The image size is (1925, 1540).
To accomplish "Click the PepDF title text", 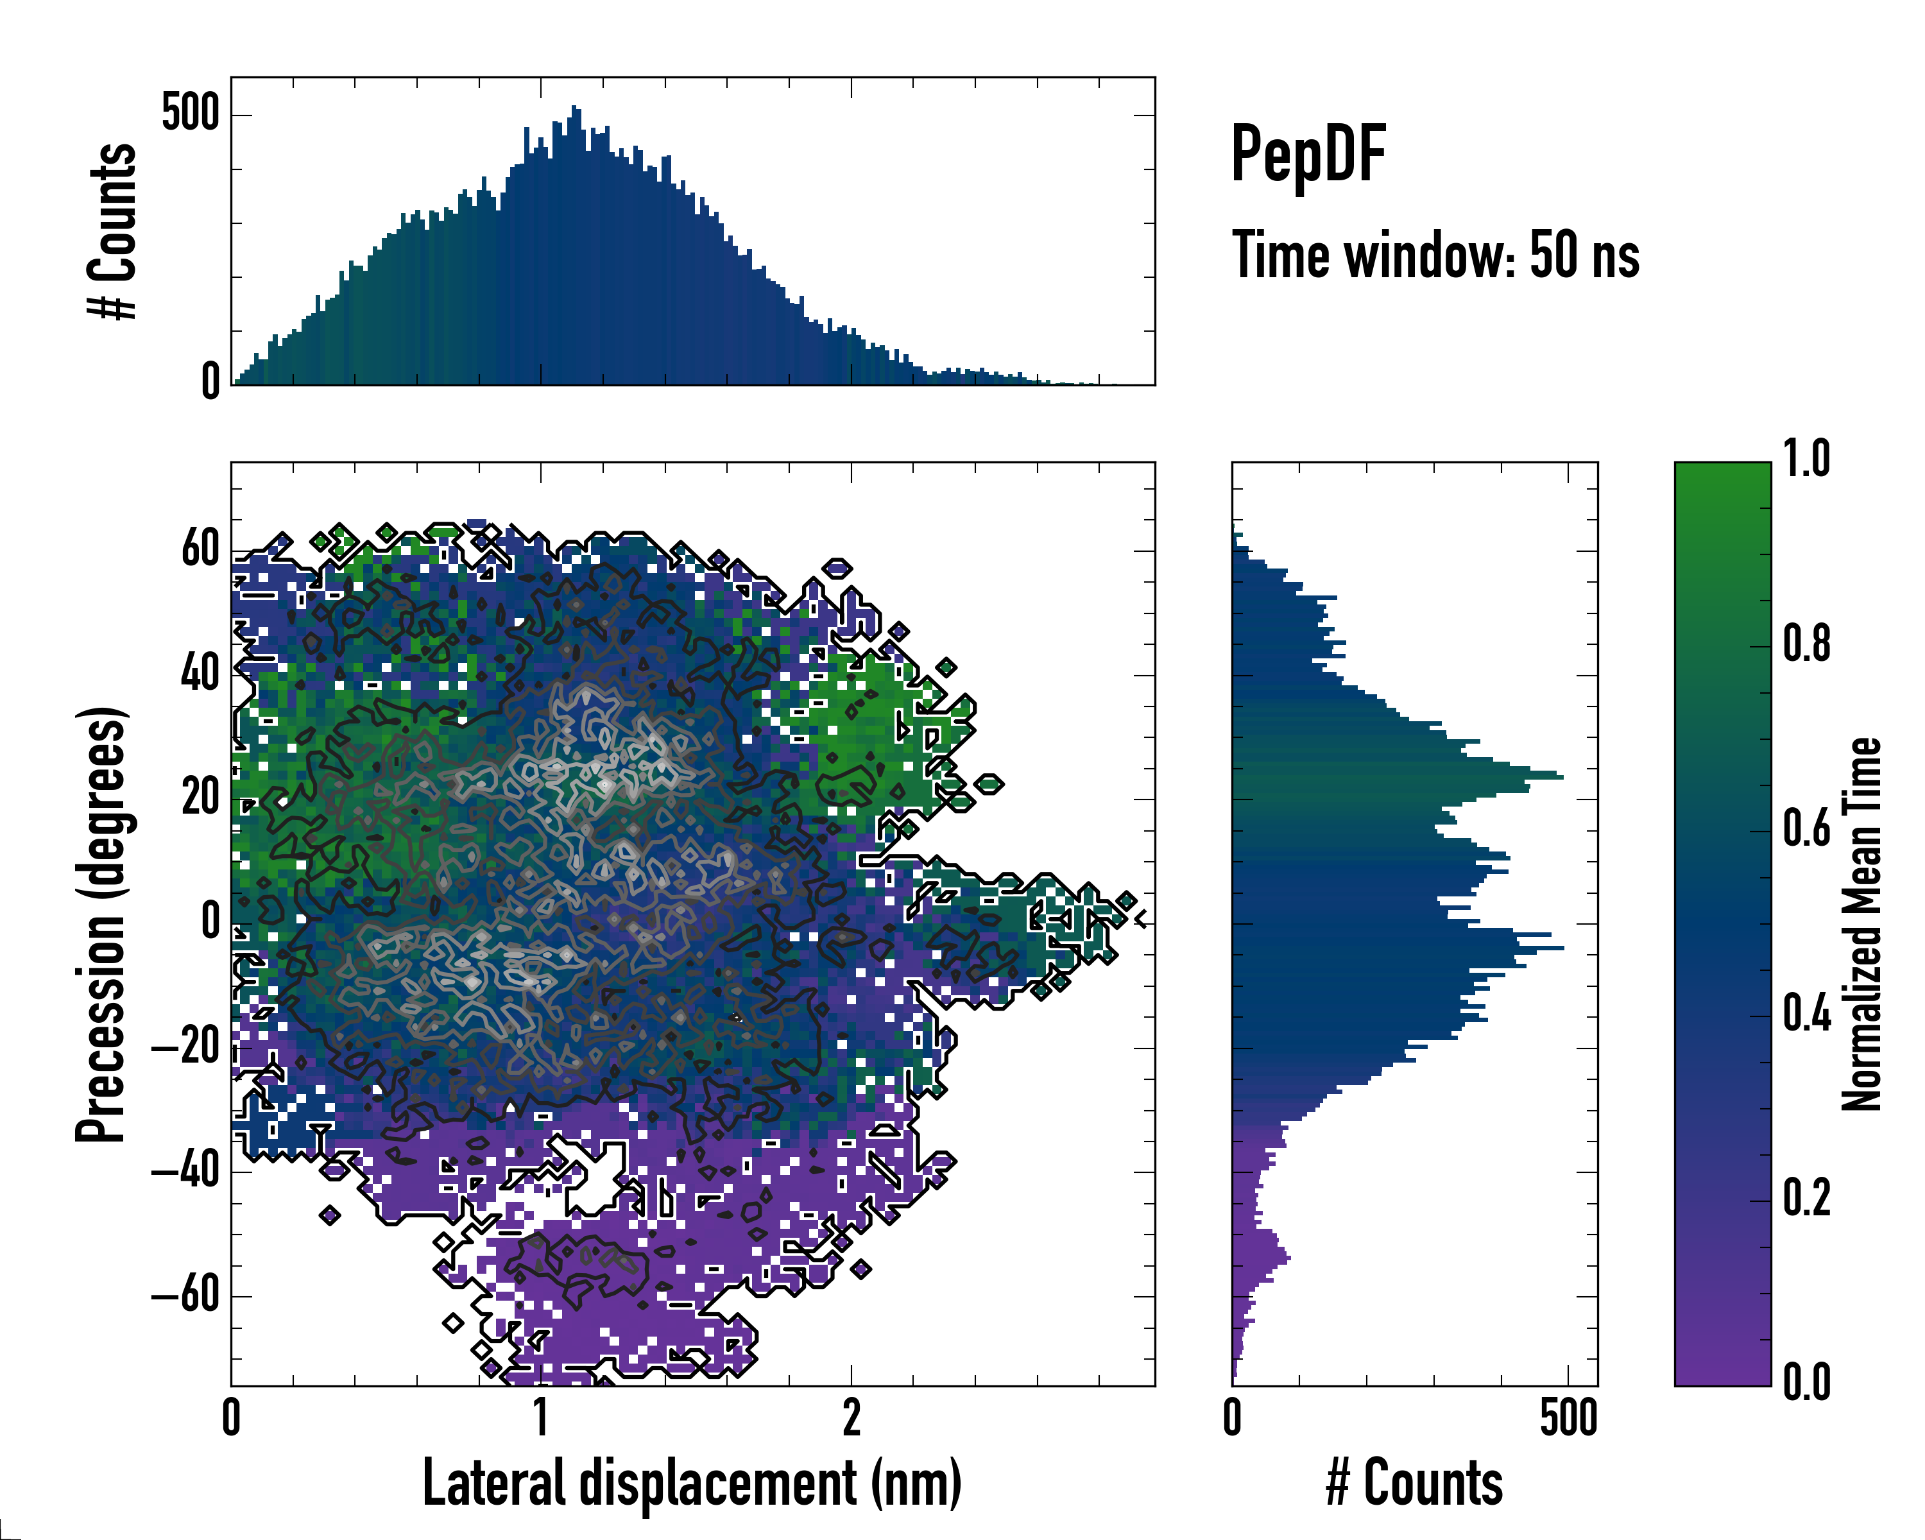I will pyautogui.click(x=1307, y=155).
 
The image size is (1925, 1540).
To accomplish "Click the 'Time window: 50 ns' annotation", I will pyautogui.click(x=1435, y=255).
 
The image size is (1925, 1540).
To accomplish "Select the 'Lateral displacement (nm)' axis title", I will pyautogui.click(x=692, y=1483).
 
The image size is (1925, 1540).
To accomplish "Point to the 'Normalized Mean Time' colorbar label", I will pyautogui.click(x=1861, y=924).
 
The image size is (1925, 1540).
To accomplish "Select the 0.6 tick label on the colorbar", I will pyautogui.click(x=1806, y=828).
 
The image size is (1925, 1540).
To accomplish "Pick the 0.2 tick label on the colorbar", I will pyautogui.click(x=1806, y=1197).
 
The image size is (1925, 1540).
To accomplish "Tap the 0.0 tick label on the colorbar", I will pyautogui.click(x=1806, y=1382).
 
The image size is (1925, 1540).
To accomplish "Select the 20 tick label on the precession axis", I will pyautogui.click(x=200, y=796).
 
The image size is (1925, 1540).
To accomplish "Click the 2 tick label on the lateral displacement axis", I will pyautogui.click(x=851, y=1417).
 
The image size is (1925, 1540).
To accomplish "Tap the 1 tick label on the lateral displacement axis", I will pyautogui.click(x=541, y=1417).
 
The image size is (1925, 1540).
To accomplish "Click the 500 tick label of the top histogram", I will pyautogui.click(x=190, y=114).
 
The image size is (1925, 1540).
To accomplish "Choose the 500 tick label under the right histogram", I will pyautogui.click(x=1568, y=1417).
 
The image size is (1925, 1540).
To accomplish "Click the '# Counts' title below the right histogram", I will pyautogui.click(x=1414, y=1483).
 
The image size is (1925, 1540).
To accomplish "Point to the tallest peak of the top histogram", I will pyautogui.click(x=576, y=109).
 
